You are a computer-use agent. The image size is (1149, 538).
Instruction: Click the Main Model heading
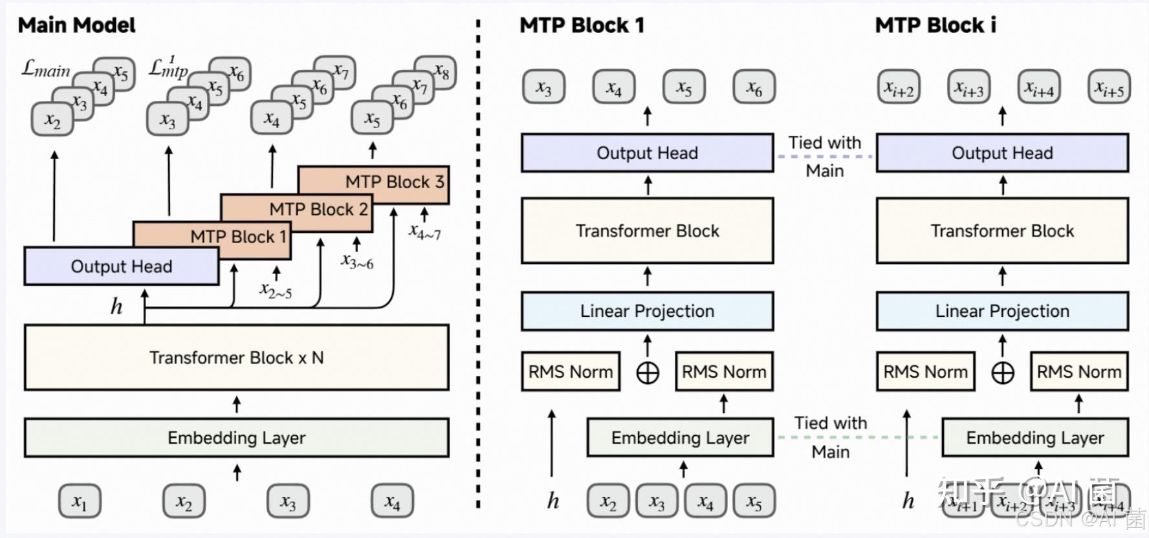coord(76,25)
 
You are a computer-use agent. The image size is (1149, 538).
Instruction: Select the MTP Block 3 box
coord(394,182)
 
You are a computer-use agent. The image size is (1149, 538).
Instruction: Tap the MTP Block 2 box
coord(318,210)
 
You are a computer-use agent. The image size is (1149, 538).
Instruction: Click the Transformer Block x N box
coord(236,358)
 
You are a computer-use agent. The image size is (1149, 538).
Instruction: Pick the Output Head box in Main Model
coord(121,266)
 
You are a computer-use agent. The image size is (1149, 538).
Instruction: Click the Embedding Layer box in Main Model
coord(236,438)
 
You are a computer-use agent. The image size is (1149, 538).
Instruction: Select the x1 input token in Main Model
coord(79,501)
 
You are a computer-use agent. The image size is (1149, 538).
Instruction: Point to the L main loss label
coord(45,68)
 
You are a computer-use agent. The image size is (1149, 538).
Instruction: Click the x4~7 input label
coord(424,232)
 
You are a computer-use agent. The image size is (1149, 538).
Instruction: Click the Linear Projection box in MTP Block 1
coord(647,311)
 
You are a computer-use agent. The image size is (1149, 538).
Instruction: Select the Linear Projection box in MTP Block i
coord(1001,311)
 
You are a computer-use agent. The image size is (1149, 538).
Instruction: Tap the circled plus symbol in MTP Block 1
coord(648,372)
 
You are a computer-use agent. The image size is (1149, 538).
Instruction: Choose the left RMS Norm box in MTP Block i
coord(925,372)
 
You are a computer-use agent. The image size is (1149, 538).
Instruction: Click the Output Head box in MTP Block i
coord(1001,153)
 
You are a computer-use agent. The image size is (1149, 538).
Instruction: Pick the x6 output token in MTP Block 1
coord(754,87)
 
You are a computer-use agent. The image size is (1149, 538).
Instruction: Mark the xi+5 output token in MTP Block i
coord(1109,87)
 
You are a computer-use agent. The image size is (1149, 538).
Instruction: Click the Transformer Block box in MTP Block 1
coord(647,231)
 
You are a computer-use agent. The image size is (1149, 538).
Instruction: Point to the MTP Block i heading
coord(935,25)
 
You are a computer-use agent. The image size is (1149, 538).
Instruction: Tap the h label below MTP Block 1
coord(553,500)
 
